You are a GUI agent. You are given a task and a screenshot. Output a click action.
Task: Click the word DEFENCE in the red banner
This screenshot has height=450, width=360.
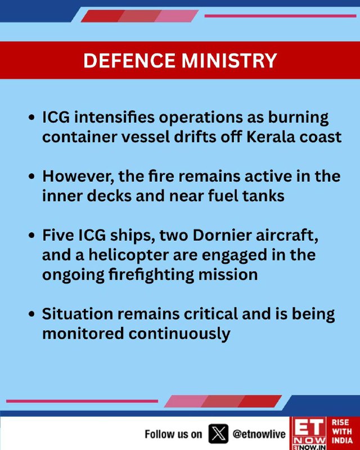[129, 60]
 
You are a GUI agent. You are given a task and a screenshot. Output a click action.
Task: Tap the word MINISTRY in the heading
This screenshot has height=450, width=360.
[229, 60]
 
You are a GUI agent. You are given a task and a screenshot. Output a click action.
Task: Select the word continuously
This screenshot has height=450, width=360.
[179, 334]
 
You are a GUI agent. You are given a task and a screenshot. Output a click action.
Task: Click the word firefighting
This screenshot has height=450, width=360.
[151, 274]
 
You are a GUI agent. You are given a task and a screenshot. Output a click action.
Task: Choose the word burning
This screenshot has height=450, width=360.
[298, 118]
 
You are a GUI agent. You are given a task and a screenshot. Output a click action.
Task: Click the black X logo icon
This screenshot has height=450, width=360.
[218, 434]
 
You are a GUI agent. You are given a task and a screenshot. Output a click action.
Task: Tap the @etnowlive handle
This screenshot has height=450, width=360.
[259, 434]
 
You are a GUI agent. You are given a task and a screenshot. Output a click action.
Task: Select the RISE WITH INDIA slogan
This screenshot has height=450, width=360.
[342, 431]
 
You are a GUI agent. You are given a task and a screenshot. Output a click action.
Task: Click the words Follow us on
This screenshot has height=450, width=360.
[173, 434]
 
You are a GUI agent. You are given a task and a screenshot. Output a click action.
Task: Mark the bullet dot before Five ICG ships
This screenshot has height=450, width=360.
[32, 236]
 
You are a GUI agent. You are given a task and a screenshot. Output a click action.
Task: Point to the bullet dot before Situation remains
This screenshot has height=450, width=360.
[32, 314]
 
